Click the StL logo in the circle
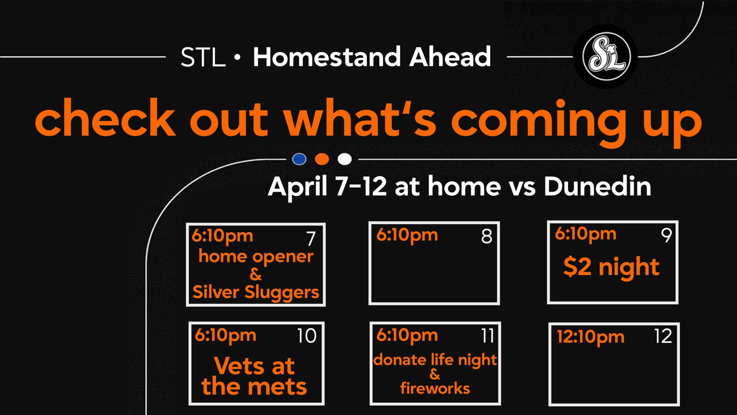606,56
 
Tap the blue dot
299,159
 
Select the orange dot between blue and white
322,159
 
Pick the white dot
344,159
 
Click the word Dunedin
597,186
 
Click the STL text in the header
203,57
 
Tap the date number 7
311,239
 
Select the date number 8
487,236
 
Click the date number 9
666,235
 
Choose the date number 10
307,336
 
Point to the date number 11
488,335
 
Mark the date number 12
663,336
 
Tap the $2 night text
611,268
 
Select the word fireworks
435,388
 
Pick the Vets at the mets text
254,376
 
